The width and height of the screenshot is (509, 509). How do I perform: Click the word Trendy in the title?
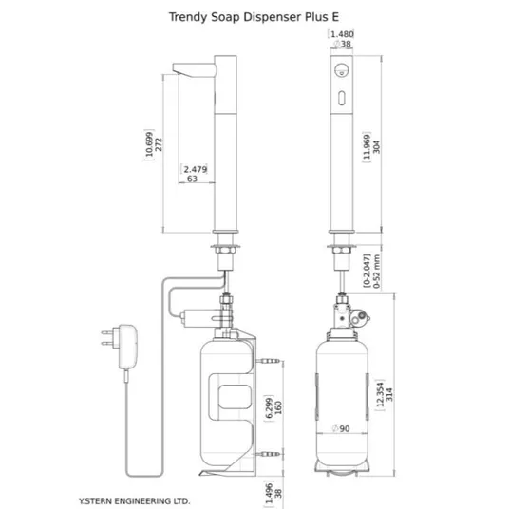click(x=188, y=17)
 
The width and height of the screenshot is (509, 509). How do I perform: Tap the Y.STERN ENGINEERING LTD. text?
click(x=135, y=500)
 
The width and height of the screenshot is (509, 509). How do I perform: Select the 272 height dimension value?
click(x=159, y=144)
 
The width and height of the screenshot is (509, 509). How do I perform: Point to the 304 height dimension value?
click(x=376, y=147)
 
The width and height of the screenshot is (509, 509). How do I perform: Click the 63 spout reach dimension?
click(x=192, y=179)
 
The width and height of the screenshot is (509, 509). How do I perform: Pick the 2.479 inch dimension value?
click(x=195, y=169)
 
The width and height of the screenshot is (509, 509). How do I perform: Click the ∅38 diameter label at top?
click(x=342, y=44)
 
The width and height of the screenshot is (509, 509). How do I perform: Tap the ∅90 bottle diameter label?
click(x=341, y=429)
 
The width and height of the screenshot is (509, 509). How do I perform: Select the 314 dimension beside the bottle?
click(x=389, y=395)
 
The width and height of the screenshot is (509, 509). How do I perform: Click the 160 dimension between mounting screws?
click(x=278, y=407)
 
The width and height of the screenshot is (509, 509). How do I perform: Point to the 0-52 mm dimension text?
click(x=376, y=272)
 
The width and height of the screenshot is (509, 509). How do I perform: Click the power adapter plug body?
click(x=128, y=347)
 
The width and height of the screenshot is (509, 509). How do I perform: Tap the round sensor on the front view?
click(x=342, y=69)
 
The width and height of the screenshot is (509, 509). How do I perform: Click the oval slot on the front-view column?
click(x=342, y=98)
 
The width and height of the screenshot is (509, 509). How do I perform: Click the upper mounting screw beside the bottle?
click(x=268, y=361)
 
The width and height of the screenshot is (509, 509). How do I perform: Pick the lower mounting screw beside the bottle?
click(x=268, y=454)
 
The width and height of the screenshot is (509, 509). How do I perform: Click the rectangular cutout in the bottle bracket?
click(x=235, y=397)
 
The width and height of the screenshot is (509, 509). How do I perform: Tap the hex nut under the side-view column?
click(x=225, y=251)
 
